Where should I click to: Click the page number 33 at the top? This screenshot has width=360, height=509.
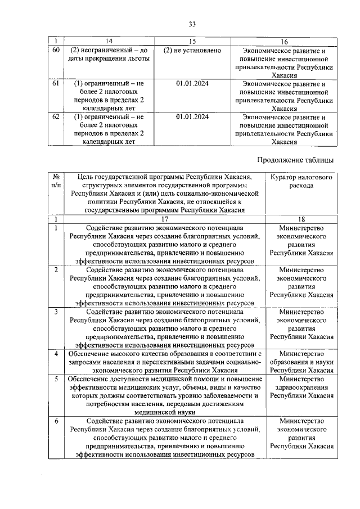192,24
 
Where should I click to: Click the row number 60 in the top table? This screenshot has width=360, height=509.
55,51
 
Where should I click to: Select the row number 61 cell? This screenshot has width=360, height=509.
55,83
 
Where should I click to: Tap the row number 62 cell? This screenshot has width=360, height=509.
55,117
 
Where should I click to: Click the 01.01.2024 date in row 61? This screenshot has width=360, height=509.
192,83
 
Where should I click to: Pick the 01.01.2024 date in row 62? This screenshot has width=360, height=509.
192,117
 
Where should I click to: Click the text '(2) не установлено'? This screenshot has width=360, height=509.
192,51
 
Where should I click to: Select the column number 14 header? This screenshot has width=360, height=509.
109,42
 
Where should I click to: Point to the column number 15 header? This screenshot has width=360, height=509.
192,42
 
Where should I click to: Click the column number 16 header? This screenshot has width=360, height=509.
283,42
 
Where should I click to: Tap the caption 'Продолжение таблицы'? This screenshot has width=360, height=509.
295,160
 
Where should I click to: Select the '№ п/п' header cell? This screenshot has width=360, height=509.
56,181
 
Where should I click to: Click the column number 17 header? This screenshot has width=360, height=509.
164,219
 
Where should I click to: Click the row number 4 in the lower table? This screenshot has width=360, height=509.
56,353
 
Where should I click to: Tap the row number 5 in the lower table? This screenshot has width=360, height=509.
56,380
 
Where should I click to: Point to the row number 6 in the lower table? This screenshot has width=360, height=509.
56,421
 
